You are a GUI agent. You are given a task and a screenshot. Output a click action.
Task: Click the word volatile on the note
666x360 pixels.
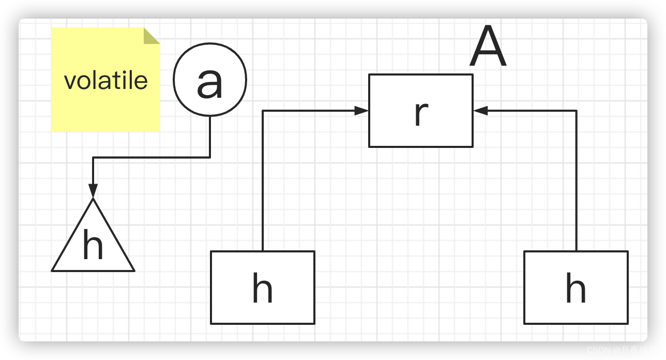coord(106,81)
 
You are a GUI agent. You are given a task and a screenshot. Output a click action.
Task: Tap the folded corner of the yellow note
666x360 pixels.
coord(151,36)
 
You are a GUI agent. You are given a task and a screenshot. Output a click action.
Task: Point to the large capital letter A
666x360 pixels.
coord(488,47)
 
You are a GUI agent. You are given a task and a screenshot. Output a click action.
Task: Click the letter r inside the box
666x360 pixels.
coord(421,113)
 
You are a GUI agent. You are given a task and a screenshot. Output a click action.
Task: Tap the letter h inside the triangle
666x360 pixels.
coord(93,246)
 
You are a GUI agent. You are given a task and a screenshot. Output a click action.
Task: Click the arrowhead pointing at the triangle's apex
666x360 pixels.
coord(93,191)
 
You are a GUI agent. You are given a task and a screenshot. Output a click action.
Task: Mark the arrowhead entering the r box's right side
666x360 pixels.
coord(480,111)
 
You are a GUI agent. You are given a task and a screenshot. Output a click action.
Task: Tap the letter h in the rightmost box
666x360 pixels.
coord(576,289)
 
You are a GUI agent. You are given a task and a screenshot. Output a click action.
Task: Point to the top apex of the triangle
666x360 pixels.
coord(93,199)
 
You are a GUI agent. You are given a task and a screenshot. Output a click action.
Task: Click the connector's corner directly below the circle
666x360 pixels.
coord(210,157)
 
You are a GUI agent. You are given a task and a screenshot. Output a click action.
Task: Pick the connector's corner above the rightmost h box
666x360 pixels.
coord(576,111)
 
